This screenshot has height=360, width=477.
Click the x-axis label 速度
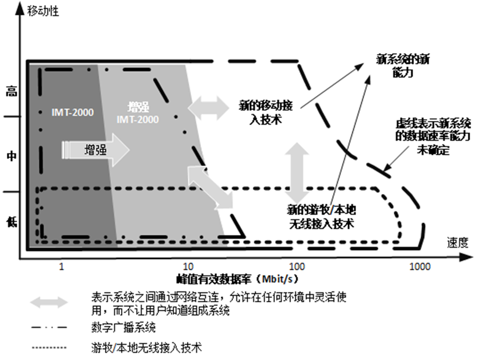pyautogui.click(x=457, y=242)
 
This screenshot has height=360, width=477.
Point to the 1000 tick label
pyautogui.click(x=420, y=266)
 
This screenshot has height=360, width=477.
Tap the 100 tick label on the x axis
pyautogui.click(x=297, y=266)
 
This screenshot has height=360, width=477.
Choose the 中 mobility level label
pyautogui.click(x=10, y=155)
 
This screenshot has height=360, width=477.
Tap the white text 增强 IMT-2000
pyautogui.click(x=136, y=113)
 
